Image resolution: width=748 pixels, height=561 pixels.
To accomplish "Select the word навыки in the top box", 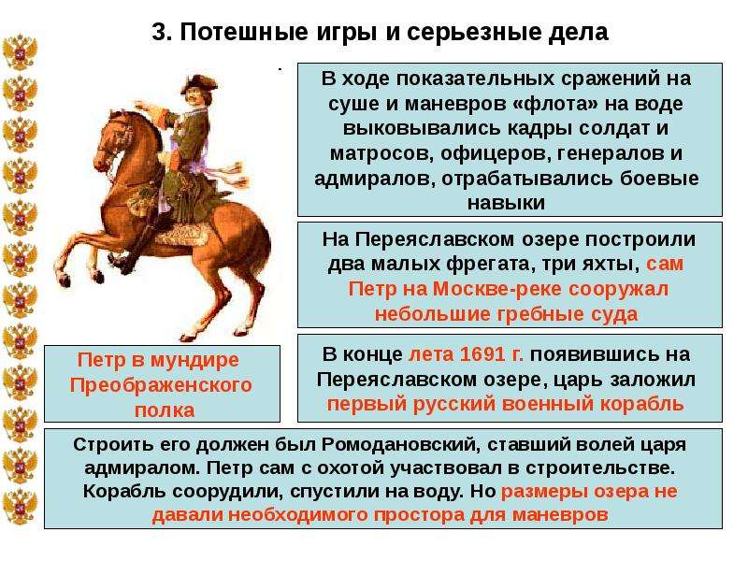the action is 506,203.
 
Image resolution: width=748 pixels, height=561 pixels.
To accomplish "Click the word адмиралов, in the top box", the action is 375,179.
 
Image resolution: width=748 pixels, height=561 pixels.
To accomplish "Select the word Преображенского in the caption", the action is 161,385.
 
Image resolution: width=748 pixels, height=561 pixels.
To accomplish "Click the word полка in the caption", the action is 165,410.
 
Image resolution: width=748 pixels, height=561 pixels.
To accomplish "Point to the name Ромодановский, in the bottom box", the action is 398,445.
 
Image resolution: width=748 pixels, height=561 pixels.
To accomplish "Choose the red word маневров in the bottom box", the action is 560,515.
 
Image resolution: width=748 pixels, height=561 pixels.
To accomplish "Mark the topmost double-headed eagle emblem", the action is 20,52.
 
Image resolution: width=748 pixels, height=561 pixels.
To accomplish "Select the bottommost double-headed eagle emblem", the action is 20,507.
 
